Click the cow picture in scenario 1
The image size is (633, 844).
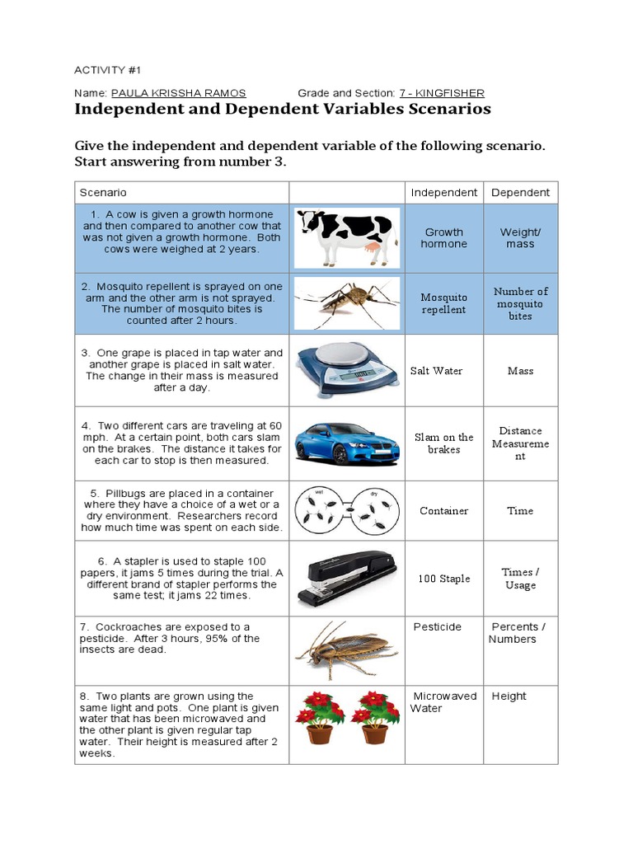346,237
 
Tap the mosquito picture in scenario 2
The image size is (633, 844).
346,302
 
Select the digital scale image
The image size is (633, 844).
346,370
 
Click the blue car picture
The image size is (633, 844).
346,443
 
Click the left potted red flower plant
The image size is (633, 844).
319,717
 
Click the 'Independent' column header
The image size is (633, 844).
443,192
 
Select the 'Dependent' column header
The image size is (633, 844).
520,192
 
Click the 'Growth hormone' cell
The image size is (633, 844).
443,238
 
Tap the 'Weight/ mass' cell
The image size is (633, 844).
520,238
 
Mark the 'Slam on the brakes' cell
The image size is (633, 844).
443,443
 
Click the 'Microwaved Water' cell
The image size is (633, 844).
443,702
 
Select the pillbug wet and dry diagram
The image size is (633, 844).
346,510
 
